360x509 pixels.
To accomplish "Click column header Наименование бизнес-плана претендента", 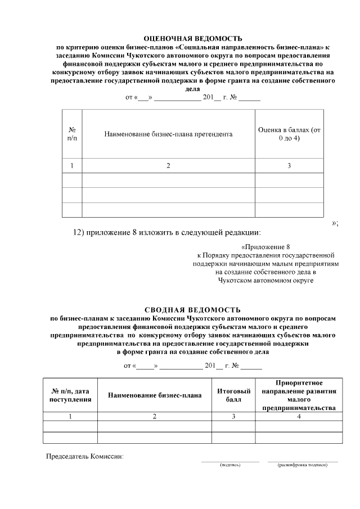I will (168, 134).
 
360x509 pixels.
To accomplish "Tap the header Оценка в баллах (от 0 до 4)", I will (289, 134).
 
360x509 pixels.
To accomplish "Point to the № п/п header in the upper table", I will (72, 134).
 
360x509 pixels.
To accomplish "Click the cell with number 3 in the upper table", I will (289, 166).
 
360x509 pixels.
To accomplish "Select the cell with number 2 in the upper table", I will (168, 166).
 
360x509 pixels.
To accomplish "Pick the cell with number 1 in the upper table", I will (72, 166).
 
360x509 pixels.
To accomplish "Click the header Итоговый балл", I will (233, 395).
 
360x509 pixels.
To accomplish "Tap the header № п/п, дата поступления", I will (71, 395).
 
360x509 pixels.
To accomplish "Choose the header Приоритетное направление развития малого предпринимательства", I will (299, 395).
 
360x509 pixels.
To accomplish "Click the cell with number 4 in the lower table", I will (299, 417).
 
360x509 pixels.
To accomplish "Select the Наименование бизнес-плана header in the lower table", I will (155, 395).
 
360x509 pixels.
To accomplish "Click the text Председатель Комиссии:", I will (84, 456).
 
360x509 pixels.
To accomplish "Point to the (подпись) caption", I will (230, 465).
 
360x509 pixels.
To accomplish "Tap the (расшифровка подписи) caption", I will (303, 465).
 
